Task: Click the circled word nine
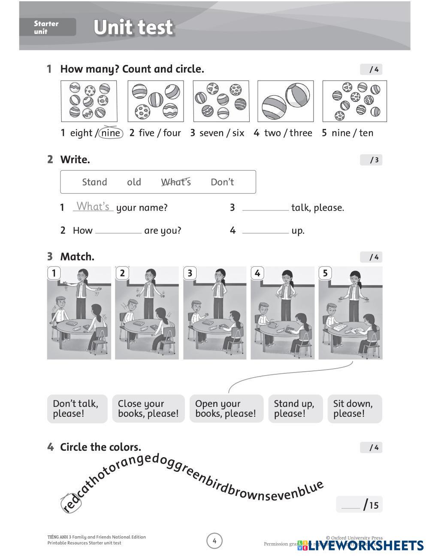coord(111,133)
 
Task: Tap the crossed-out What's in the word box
coord(176,182)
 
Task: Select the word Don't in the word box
coord(222,182)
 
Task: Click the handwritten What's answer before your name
coord(93,207)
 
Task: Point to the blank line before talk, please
coord(265,208)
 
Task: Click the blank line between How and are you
coord(118,231)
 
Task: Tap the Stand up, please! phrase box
coord(295,409)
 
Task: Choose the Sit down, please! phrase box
coord(354,409)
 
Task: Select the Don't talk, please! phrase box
coord(77,409)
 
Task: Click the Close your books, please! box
coord(148,409)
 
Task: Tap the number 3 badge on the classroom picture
coord(190,273)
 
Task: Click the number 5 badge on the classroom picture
coord(325,273)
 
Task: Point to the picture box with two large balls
coord(285,101)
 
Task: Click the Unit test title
coord(133,27)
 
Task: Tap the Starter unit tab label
coord(47,27)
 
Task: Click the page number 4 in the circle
coord(214,541)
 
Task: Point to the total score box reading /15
coord(359,504)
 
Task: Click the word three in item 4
coord(301,133)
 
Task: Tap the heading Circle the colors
coord(100,447)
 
